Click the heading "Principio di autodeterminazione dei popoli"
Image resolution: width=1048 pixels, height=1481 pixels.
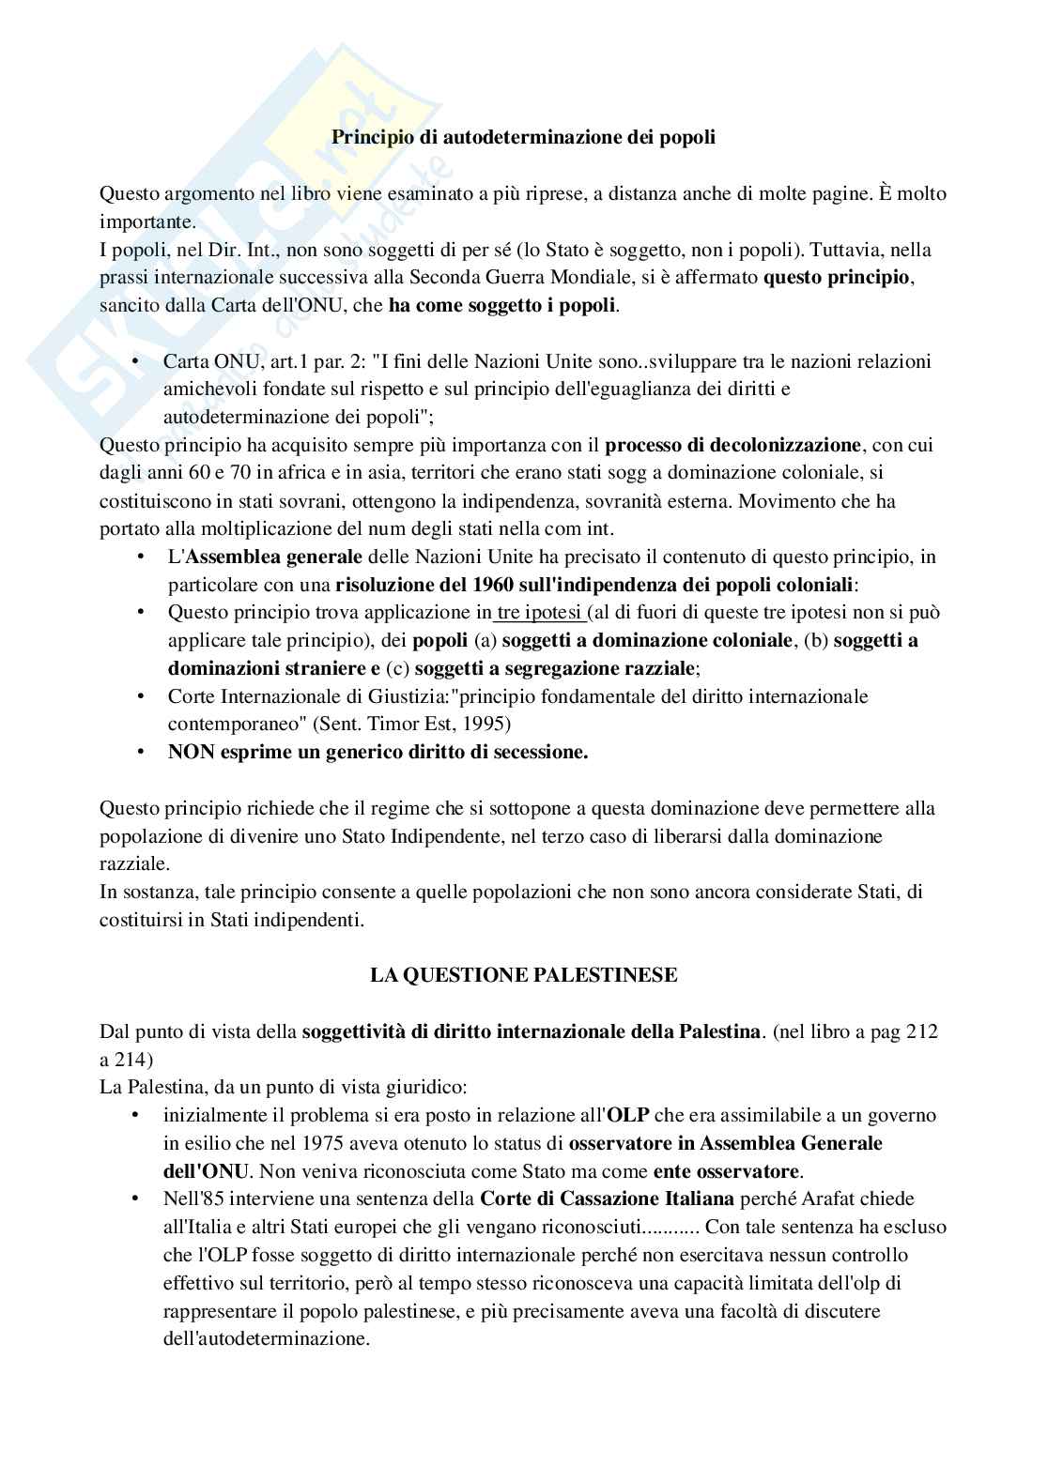[524, 137]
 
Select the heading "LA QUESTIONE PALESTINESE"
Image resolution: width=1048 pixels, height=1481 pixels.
[523, 975]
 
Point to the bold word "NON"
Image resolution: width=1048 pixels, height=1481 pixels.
[192, 753]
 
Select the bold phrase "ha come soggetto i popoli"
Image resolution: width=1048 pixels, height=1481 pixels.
[502, 306]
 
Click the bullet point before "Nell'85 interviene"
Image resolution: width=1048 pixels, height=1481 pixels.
[137, 1199]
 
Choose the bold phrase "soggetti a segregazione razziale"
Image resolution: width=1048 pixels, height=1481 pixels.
[556, 668]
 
